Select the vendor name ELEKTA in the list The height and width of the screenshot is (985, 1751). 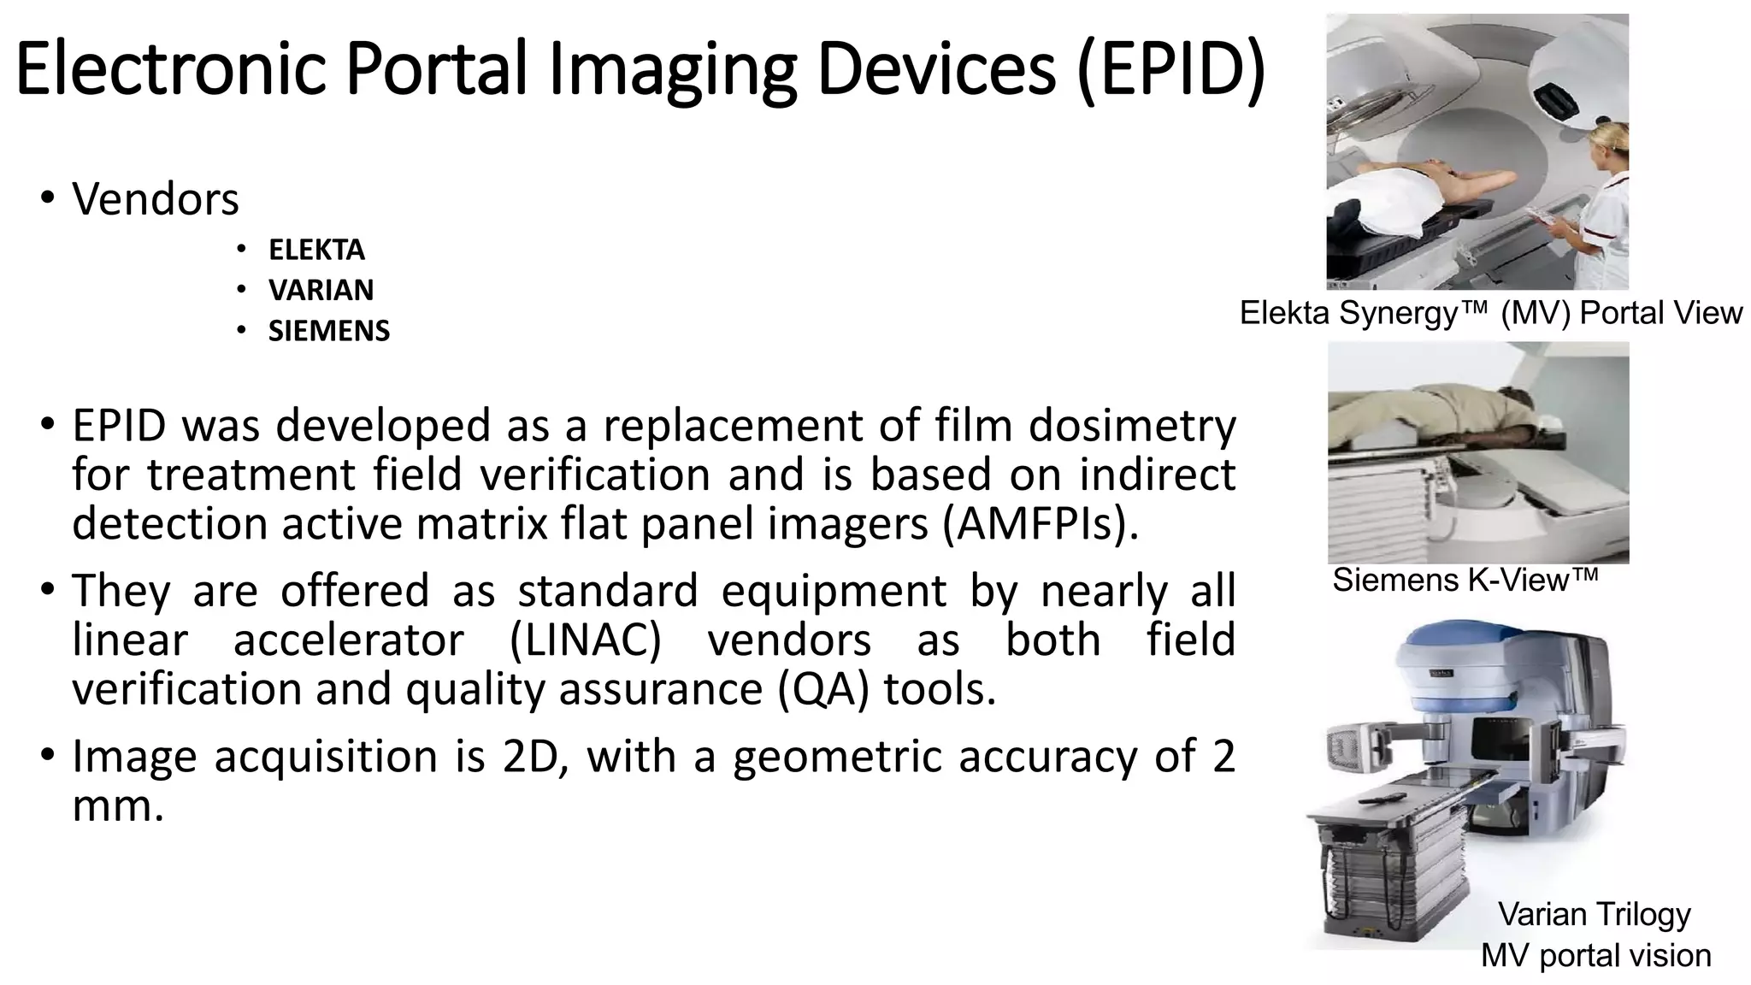pos(316,250)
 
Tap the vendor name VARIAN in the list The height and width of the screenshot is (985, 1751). pos(321,290)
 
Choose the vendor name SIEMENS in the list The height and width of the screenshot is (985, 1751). pos(328,331)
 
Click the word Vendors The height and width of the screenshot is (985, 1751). pos(156,199)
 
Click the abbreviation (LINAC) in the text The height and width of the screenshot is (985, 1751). pos(585,640)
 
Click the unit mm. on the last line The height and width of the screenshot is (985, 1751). pos(118,805)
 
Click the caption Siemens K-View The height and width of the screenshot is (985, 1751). pos(1465,581)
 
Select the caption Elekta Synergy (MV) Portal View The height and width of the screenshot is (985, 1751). pos(1490,313)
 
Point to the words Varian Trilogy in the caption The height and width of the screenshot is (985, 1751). pos(1594,914)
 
